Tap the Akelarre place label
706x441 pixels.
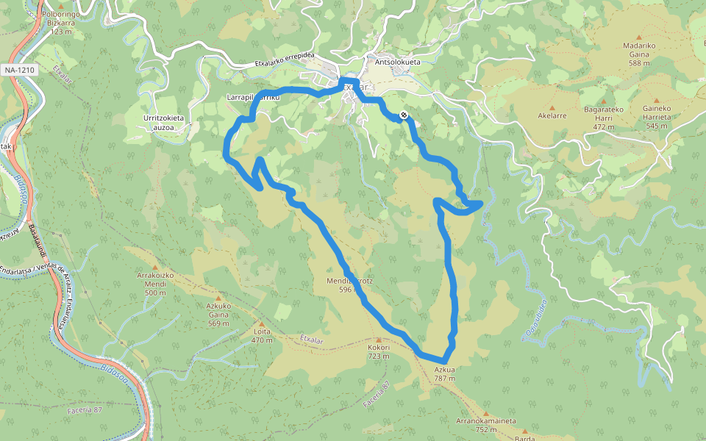(x=552, y=115)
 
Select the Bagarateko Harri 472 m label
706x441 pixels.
(x=603, y=118)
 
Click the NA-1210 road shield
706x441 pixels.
(x=19, y=70)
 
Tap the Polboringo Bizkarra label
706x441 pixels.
(x=62, y=22)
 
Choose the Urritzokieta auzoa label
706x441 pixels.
(x=163, y=122)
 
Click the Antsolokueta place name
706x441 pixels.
(x=397, y=62)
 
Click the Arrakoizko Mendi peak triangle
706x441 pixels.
(x=155, y=267)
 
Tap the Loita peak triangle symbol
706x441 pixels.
(x=258, y=323)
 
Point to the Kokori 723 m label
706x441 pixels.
(x=378, y=351)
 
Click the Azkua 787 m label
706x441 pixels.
(x=444, y=373)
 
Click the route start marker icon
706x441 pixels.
(x=404, y=115)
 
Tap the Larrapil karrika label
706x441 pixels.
(x=254, y=98)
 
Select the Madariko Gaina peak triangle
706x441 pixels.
(x=638, y=35)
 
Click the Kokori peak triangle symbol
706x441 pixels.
(x=378, y=339)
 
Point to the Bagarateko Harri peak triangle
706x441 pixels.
(x=603, y=101)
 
